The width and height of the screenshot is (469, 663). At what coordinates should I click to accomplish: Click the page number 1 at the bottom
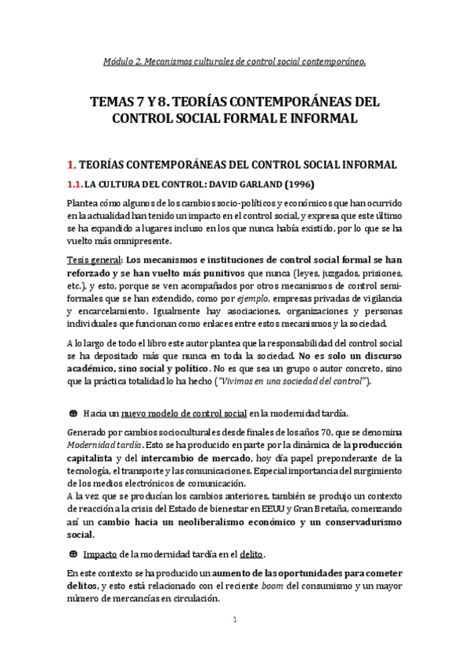234,619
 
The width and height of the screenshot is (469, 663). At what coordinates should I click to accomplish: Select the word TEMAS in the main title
114,102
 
